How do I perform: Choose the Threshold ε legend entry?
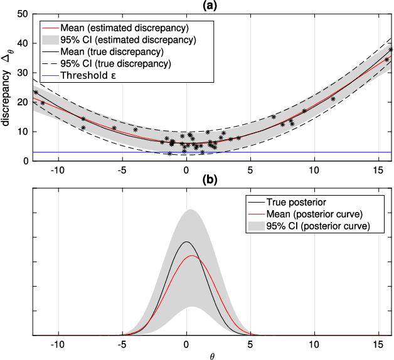pyautogui.click(x=92, y=75)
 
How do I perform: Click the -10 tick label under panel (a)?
pyautogui.click(x=58, y=170)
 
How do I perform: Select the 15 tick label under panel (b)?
pyautogui.click(x=378, y=345)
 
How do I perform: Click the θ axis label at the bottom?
pyautogui.click(x=211, y=356)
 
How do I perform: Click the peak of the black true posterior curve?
pyautogui.click(x=186, y=241)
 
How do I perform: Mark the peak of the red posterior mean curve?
pyautogui.click(x=192, y=256)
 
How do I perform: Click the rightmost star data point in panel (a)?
pyautogui.click(x=391, y=50)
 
